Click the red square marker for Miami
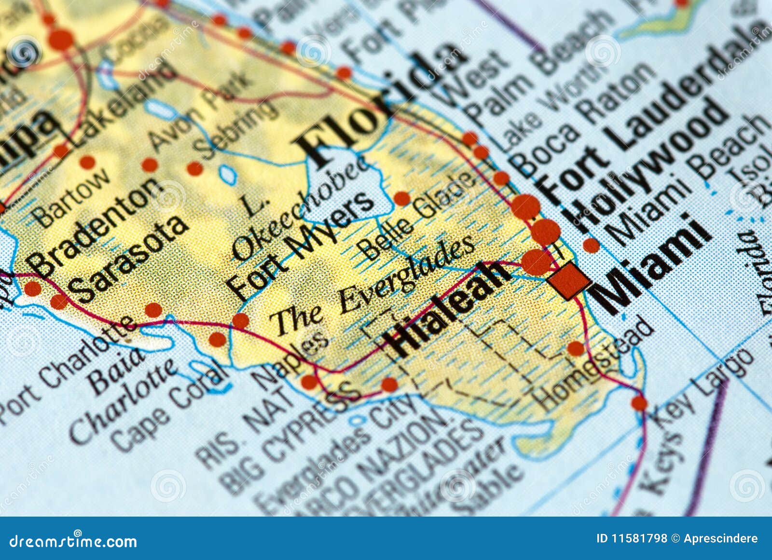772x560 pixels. coord(568,280)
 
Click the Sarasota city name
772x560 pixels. coord(128,258)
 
